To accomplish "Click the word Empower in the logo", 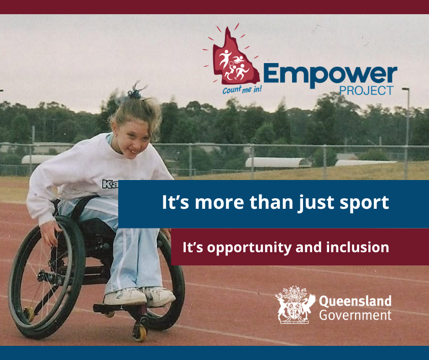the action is (330, 75).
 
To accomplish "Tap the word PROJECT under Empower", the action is (366, 90).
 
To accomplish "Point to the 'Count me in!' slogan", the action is (242, 90).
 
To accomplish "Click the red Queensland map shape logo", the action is (235, 58).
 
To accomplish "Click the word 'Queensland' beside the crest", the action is (355, 301).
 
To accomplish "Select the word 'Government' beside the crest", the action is (355, 315).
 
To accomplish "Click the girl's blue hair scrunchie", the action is (134, 94).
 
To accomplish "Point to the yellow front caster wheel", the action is (140, 333).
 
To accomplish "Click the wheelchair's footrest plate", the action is (120, 307).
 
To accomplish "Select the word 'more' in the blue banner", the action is (219, 203).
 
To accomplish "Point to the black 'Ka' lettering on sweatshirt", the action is (110, 185).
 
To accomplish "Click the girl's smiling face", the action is (132, 139).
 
